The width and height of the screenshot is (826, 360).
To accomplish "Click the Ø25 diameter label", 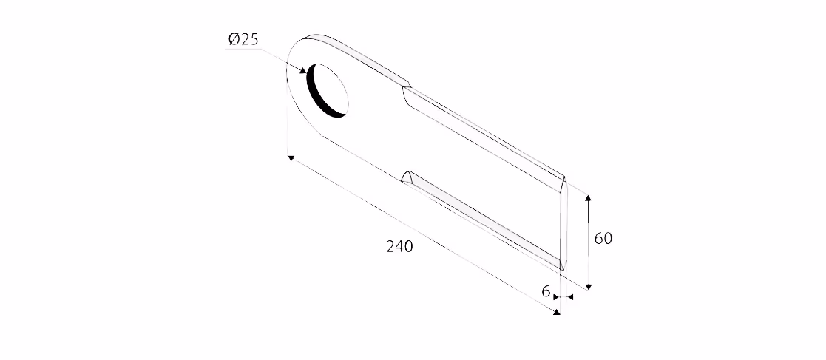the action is [x=243, y=39].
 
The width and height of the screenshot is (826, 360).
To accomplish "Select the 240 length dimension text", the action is [x=400, y=246].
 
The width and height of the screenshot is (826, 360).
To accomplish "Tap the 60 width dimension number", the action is [x=603, y=239].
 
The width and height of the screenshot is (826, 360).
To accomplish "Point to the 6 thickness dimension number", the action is [x=546, y=291].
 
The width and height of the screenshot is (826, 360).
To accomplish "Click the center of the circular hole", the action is [x=328, y=90].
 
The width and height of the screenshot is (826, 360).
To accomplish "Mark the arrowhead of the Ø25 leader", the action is [x=303, y=70].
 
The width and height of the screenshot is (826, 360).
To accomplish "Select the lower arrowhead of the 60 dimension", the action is [x=589, y=286].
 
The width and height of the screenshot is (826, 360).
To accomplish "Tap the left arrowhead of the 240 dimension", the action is [x=291, y=158].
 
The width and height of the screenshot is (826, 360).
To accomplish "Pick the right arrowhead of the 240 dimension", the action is [x=556, y=312].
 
